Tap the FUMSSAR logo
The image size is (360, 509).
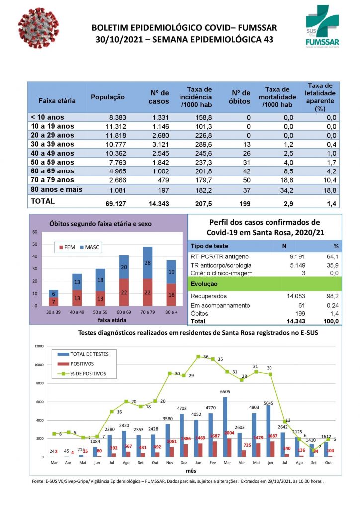tap(323, 27)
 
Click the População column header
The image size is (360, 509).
tap(107, 97)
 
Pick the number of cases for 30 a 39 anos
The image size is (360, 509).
tap(161, 144)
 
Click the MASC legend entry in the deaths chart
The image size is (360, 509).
tap(89, 247)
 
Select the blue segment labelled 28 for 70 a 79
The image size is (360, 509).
tap(147, 263)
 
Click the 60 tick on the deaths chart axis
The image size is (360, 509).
tap(35, 232)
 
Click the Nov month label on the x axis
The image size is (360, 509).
tap(170, 463)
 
